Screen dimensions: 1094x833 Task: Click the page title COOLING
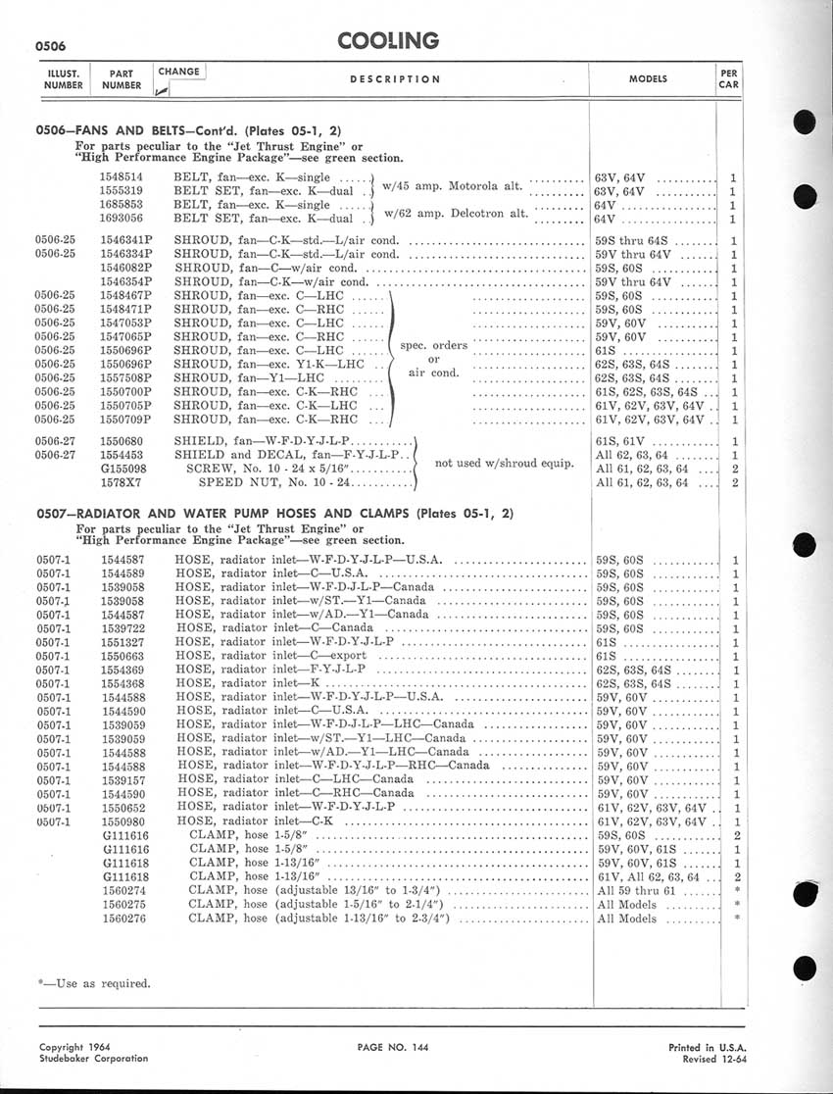coord(388,40)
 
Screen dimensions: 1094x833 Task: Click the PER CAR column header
coord(728,78)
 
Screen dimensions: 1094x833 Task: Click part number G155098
coord(123,469)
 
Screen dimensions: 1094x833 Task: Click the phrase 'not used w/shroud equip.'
coord(504,463)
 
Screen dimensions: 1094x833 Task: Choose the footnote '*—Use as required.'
coord(94,982)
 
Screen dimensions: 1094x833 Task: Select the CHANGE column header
coord(178,72)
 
